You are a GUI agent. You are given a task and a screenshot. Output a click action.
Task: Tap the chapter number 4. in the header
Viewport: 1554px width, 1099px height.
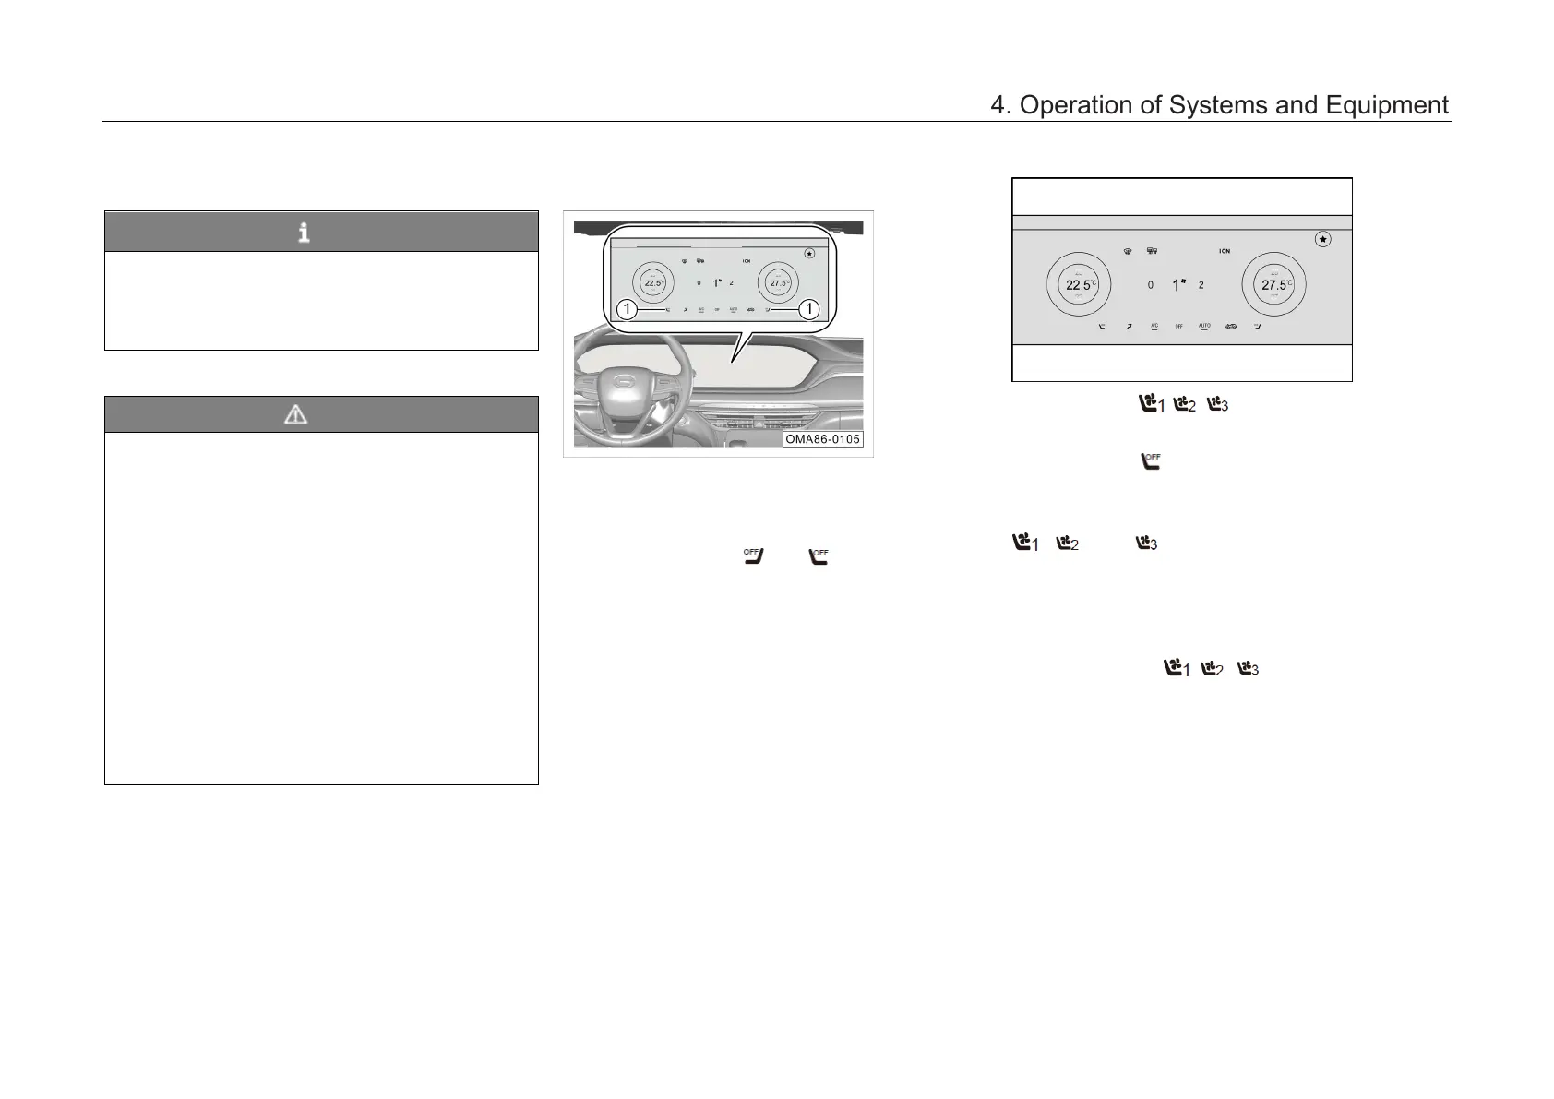coord(1000,106)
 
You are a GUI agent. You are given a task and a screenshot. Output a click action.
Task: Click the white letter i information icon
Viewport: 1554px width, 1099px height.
coord(304,233)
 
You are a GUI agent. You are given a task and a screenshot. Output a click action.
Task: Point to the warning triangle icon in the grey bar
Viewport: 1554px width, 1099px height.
coord(295,415)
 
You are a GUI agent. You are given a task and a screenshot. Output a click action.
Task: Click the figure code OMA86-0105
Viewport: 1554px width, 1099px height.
coord(822,439)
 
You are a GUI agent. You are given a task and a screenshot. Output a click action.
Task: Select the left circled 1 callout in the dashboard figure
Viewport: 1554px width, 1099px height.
coord(628,309)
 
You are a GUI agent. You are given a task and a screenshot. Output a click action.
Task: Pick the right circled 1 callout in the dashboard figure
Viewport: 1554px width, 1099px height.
coord(808,309)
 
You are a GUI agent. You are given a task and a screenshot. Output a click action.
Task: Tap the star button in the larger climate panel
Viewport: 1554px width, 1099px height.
coord(1322,239)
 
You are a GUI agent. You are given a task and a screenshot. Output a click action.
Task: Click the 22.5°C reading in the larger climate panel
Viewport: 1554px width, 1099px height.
coord(1079,285)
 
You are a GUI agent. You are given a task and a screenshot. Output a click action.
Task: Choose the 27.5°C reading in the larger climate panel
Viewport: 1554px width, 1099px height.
coord(1274,285)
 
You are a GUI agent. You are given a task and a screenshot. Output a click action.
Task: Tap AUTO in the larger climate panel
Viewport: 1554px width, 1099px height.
coord(1204,326)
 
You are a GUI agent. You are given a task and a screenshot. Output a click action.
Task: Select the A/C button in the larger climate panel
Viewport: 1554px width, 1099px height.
coord(1154,326)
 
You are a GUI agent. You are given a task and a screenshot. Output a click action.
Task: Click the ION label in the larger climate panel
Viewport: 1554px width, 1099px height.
coord(1224,251)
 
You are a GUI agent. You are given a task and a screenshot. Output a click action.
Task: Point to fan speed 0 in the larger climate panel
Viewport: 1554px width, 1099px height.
coord(1150,286)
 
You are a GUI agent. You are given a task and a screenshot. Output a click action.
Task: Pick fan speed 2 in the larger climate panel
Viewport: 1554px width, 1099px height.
coord(1201,286)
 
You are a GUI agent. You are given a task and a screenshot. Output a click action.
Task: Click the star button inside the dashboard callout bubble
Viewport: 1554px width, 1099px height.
coord(809,253)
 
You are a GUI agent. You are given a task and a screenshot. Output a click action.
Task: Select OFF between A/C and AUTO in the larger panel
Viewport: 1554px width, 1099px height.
coord(1178,327)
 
